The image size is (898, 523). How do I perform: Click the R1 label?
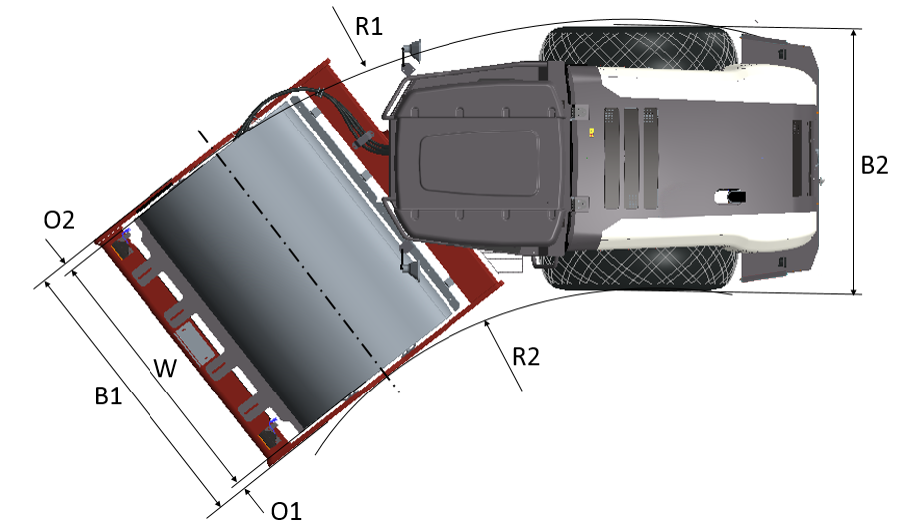click(x=368, y=26)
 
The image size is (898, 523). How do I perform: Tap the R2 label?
click(x=525, y=356)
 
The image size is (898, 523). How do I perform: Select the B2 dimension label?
click(x=874, y=165)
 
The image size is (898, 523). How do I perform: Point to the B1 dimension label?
click(x=109, y=395)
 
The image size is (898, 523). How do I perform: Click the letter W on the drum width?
click(x=165, y=368)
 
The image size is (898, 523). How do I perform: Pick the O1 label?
click(x=286, y=511)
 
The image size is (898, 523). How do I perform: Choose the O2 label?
click(x=59, y=220)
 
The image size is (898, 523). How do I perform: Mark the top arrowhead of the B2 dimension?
click(x=853, y=34)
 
